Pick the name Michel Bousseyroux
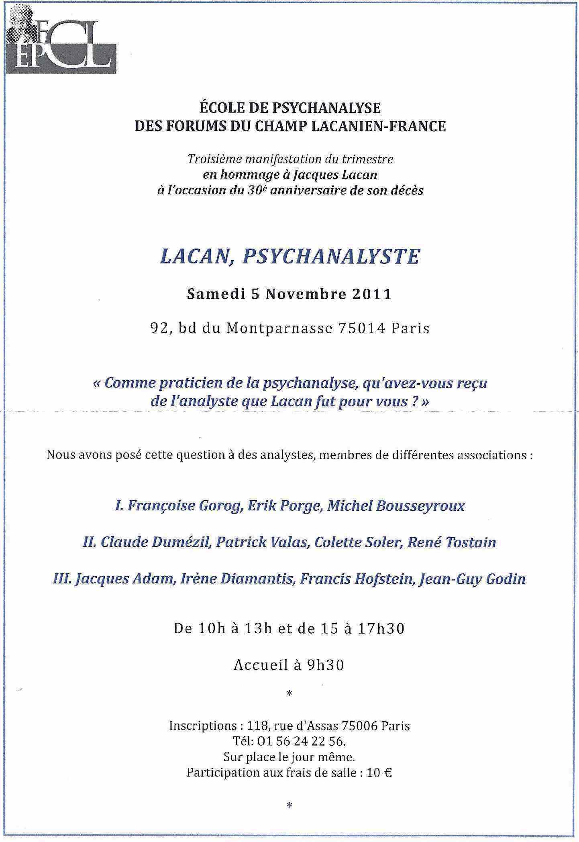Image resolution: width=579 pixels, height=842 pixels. (396, 506)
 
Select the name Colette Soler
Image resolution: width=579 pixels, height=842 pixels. (358, 542)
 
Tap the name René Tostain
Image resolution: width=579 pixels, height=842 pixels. (452, 542)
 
